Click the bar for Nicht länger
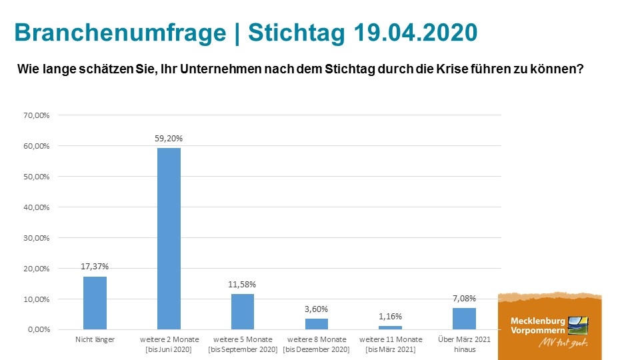tap(95, 303)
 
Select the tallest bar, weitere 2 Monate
tap(169, 239)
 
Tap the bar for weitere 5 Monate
tap(243, 312)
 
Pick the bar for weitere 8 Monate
tap(317, 324)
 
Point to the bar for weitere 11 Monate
tap(390, 327)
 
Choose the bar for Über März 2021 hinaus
tap(464, 319)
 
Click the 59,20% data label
tap(169, 139)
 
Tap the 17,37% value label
tap(95, 267)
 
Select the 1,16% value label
tap(390, 316)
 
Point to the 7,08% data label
tap(464, 298)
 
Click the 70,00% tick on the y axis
tap(36, 115)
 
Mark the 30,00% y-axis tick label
tap(36, 238)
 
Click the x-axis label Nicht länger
tap(95, 340)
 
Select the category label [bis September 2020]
tap(243, 349)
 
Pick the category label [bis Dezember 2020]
tap(317, 349)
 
